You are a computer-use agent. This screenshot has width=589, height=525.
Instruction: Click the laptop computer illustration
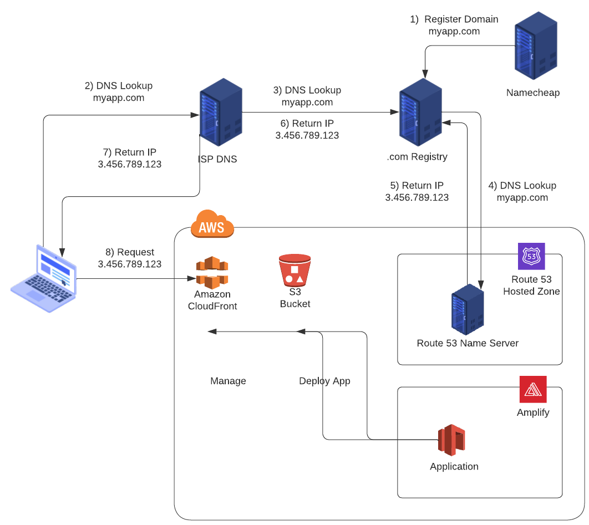pyautogui.click(x=43, y=278)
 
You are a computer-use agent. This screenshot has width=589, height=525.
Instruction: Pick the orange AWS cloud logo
pyautogui.click(x=212, y=224)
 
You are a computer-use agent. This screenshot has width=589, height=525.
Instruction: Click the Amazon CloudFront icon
pyautogui.click(x=212, y=272)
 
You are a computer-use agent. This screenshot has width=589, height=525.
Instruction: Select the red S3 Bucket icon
pyautogui.click(x=294, y=271)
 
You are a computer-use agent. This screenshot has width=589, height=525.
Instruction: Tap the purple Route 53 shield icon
pyautogui.click(x=531, y=256)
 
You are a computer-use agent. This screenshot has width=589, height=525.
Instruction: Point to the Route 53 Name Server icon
pyautogui.click(x=468, y=309)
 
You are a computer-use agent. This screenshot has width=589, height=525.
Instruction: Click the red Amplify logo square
pyautogui.click(x=533, y=389)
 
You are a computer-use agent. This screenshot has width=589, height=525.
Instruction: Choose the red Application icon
pyautogui.click(x=451, y=440)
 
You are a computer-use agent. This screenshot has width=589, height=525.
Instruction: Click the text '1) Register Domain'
pyautogui.click(x=454, y=19)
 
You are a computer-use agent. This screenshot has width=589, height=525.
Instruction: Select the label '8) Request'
pyautogui.click(x=130, y=252)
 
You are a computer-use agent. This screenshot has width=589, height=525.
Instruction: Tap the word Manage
pyautogui.click(x=228, y=381)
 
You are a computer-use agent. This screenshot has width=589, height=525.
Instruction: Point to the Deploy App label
pyautogui.click(x=324, y=381)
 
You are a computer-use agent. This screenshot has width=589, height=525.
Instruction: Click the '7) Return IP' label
pyautogui.click(x=130, y=152)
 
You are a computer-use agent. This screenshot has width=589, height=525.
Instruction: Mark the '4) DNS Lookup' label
pyautogui.click(x=522, y=186)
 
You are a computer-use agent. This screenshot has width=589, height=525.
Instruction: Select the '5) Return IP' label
pyautogui.click(x=417, y=186)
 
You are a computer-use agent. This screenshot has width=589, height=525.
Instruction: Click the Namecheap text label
pyautogui.click(x=533, y=93)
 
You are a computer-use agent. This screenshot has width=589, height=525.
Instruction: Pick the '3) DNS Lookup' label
pyautogui.click(x=307, y=90)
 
